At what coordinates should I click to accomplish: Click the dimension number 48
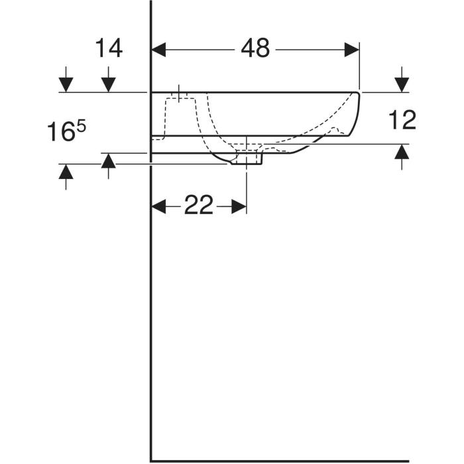tap(255, 48)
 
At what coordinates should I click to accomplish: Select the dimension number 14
tap(109, 48)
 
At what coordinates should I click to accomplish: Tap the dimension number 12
tap(402, 119)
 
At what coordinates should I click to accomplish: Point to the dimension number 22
tap(199, 205)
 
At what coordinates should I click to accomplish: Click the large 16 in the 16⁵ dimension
tap(61, 132)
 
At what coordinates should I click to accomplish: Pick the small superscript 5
tap(81, 127)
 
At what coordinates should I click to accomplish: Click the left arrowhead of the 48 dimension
tap(158, 50)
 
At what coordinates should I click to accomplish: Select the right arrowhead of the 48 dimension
tap(352, 50)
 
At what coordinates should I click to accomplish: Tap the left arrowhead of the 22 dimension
tap(158, 206)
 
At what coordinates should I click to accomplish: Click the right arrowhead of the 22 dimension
tap(239, 206)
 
